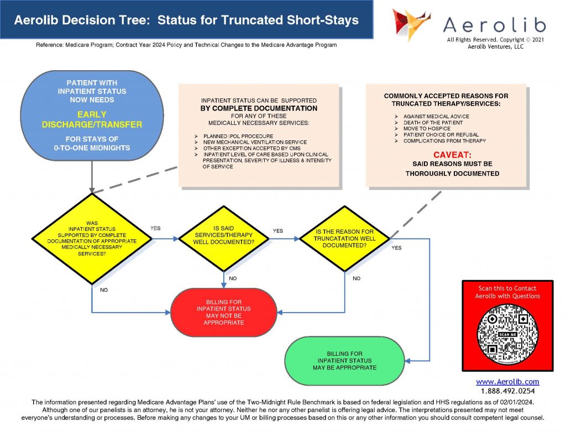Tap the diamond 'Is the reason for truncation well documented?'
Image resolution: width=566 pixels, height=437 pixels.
[x=344, y=238]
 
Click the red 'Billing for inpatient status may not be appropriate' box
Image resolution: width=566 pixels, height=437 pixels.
[x=224, y=312]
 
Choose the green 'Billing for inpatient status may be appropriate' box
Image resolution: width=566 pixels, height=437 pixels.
[x=344, y=360]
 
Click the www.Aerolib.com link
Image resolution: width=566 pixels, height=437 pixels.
[x=507, y=382]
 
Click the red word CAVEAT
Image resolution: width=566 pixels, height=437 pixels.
[x=452, y=155]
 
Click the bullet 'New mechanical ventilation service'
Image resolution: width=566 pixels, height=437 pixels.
[x=255, y=142]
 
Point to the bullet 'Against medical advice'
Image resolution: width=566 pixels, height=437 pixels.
[x=436, y=117]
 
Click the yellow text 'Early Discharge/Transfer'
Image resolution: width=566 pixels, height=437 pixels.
[x=92, y=120]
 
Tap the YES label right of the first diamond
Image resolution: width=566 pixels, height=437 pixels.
[x=155, y=228]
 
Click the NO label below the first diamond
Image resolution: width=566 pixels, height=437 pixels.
[x=104, y=289]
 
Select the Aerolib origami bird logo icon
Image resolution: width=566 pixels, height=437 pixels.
[x=411, y=24]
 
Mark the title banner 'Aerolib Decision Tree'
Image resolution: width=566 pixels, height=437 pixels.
[x=186, y=20]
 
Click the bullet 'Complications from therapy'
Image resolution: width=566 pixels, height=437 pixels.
[x=444, y=141]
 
